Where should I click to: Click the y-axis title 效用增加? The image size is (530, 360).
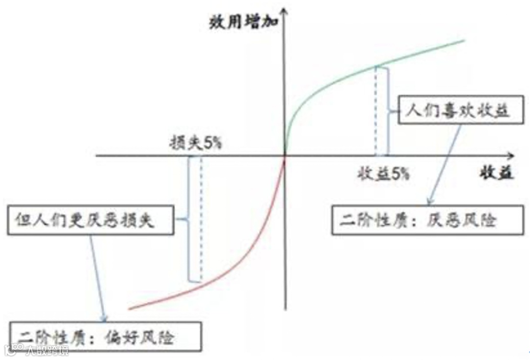[241, 22]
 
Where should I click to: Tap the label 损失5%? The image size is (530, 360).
[195, 143]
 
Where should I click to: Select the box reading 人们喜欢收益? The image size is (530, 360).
[458, 110]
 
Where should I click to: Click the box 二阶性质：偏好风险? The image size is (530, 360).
[105, 336]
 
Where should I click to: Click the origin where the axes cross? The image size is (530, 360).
[285, 156]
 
